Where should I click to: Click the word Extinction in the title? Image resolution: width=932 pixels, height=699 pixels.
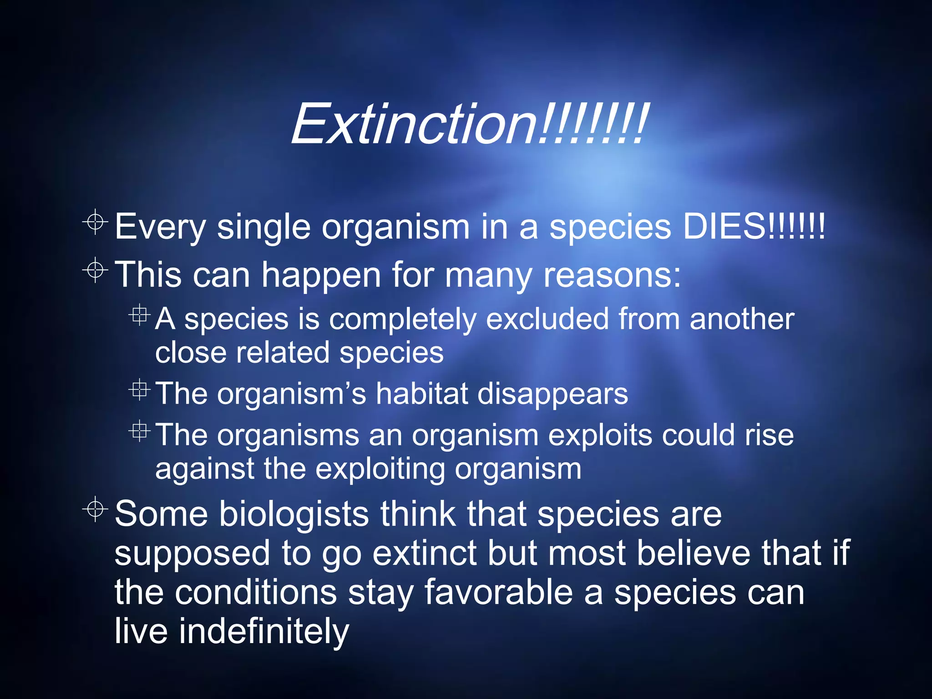414,124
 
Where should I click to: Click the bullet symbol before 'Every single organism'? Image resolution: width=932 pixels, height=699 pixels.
95,222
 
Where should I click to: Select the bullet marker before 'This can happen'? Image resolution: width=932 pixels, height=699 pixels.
95,270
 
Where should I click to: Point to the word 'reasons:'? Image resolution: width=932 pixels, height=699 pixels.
612,275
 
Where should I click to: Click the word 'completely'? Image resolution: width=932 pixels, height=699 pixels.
403,319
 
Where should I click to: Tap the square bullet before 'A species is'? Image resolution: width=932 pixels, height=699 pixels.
139,314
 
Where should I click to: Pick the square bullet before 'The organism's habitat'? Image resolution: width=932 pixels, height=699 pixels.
139,390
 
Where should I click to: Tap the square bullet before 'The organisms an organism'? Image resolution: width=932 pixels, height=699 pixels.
139,431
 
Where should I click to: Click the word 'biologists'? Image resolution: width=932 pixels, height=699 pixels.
294,514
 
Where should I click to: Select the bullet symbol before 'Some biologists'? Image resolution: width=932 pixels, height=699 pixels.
95,509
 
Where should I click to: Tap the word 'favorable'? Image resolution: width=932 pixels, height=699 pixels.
498,593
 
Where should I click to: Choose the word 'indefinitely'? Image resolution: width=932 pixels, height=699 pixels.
263,631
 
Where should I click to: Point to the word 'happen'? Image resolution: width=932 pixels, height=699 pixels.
321,276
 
